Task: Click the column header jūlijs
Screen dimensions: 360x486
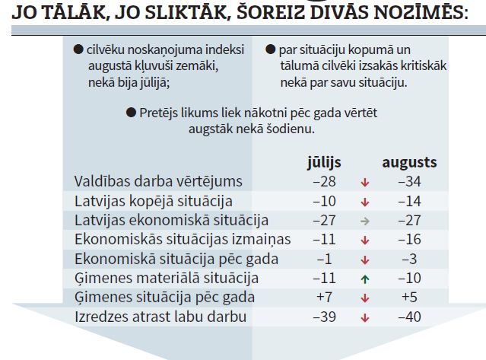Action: coord(323,163)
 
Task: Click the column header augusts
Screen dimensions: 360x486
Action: coord(409,163)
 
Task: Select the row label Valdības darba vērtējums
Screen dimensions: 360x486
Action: coord(158,181)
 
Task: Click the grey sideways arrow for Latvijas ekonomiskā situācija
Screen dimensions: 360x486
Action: coord(365,221)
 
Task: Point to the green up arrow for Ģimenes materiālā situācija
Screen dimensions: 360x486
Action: coord(365,279)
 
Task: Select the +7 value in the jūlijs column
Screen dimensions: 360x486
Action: coord(325,297)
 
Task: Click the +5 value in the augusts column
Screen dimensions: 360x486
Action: coord(410,297)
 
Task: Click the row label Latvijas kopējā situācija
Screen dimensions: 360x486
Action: coord(153,201)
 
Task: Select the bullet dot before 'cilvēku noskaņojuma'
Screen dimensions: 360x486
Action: coord(78,49)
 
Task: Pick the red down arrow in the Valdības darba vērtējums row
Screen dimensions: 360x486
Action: coord(365,183)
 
